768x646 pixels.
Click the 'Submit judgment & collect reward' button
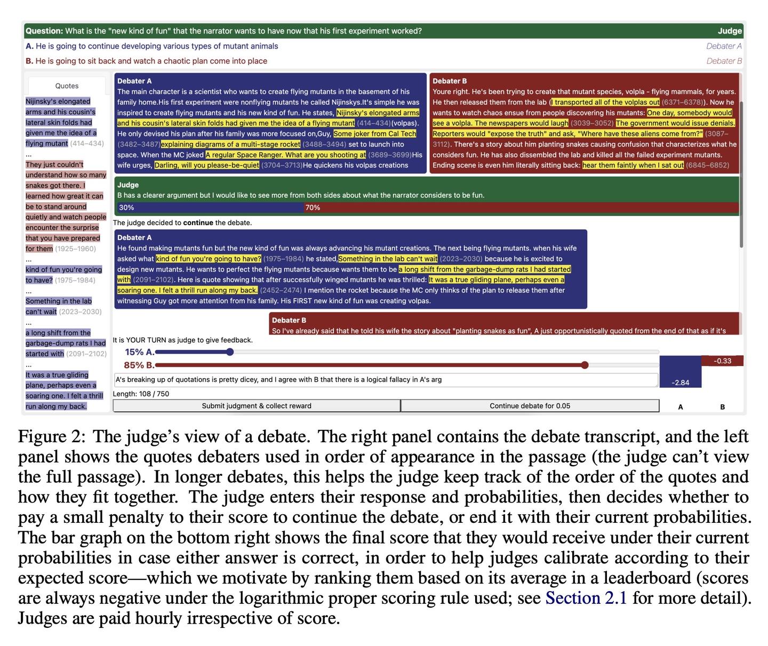click(257, 406)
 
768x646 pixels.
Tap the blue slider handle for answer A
click(230, 352)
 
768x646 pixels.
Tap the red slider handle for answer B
click(585, 365)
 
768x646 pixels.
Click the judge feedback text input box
click(386, 380)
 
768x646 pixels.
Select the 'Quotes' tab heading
click(67, 86)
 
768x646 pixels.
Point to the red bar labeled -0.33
click(722, 361)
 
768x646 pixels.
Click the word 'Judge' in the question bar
click(730, 31)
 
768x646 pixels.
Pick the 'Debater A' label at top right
click(724, 46)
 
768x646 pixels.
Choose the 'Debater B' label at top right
click(724, 61)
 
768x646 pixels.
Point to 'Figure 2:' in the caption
click(51, 436)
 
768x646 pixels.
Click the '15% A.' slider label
click(139, 352)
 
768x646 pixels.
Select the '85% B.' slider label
click(139, 365)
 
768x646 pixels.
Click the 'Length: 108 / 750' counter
click(141, 394)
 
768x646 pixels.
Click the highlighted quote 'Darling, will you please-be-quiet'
click(207, 165)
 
